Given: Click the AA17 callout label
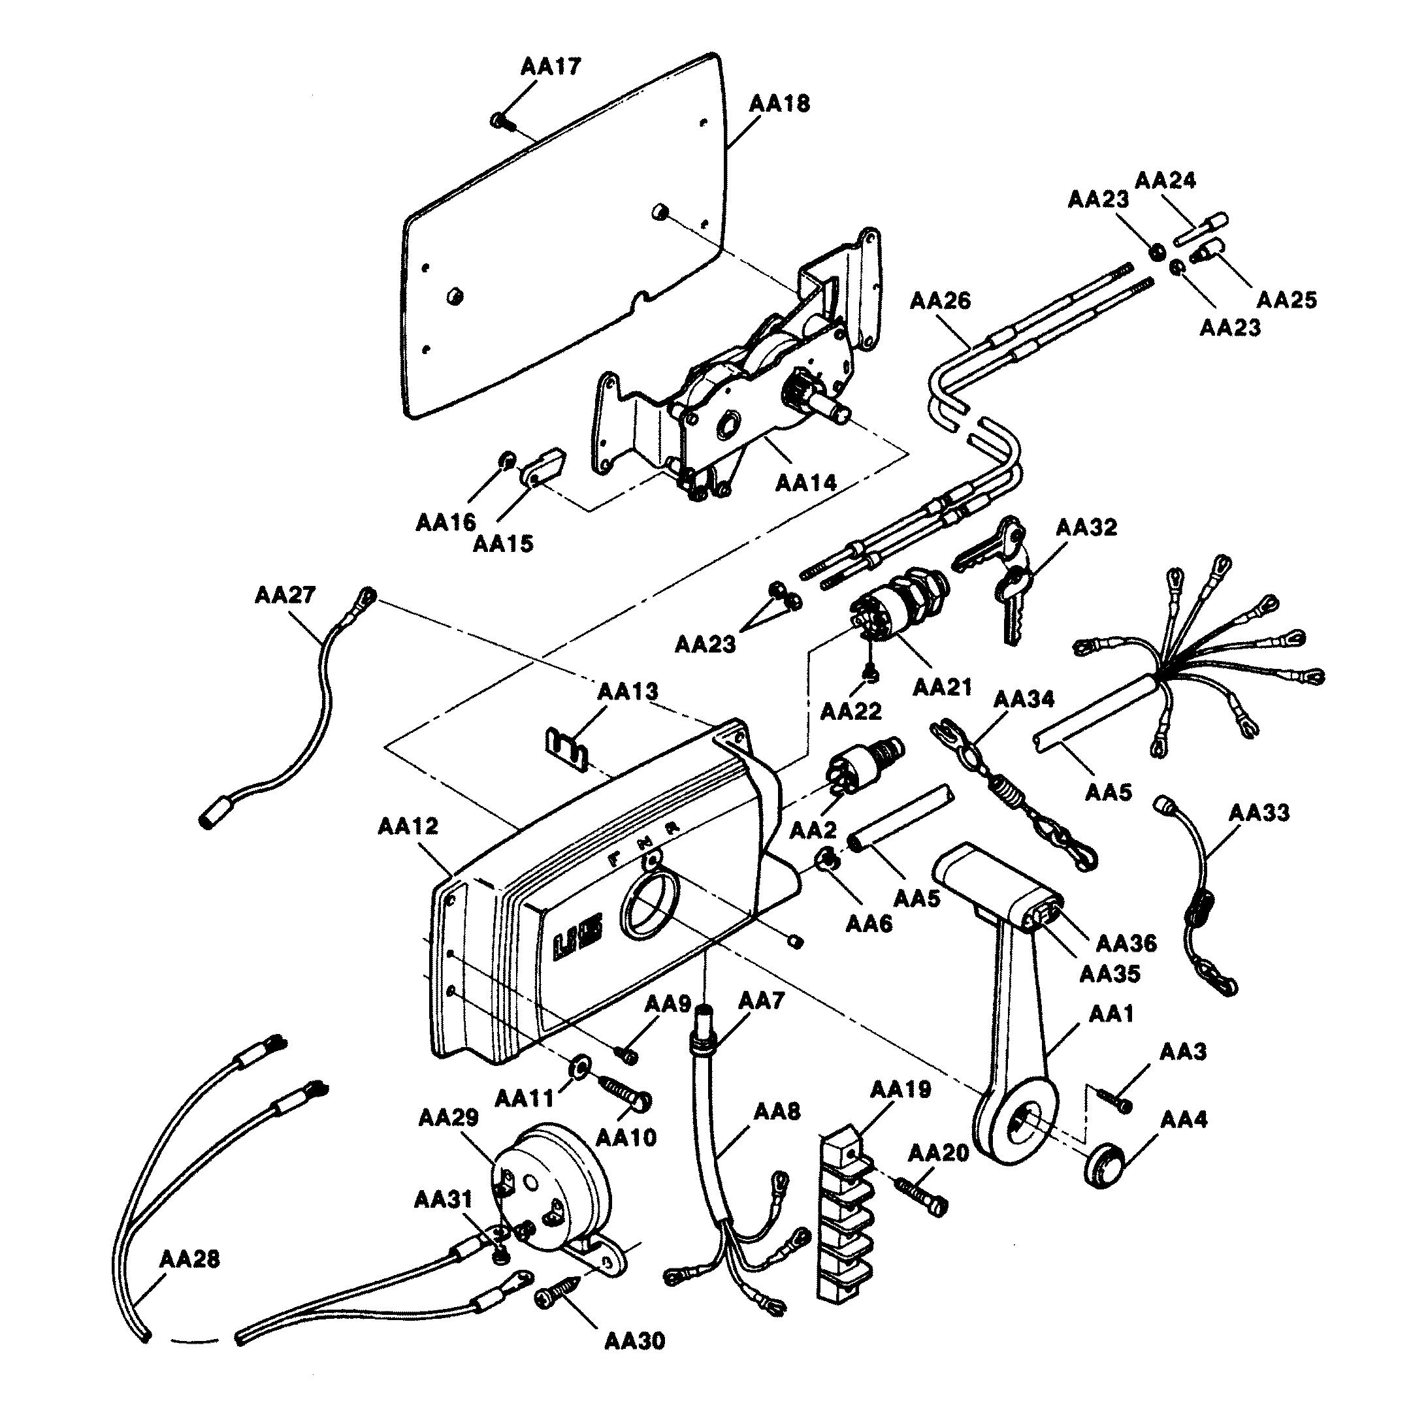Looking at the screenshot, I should [551, 67].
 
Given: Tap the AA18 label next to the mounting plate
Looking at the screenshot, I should [779, 104].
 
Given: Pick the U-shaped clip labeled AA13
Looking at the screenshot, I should [568, 748].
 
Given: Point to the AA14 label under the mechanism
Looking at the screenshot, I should [805, 482].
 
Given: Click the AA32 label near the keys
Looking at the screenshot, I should [1086, 527].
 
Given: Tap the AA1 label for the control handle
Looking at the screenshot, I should [1111, 1014].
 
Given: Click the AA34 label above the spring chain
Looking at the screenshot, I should [1024, 699].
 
